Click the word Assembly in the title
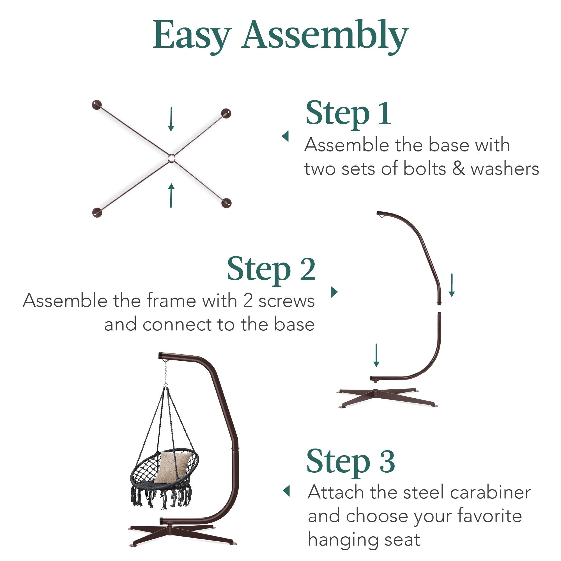click(325, 35)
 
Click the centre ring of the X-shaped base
click(171, 158)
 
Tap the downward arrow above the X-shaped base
click(171, 119)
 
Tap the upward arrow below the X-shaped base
click(171, 196)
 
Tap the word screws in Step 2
click(286, 301)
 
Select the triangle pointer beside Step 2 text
click(334, 292)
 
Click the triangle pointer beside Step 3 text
click(287, 491)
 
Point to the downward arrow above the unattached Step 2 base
click(376, 355)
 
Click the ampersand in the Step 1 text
click(458, 169)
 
